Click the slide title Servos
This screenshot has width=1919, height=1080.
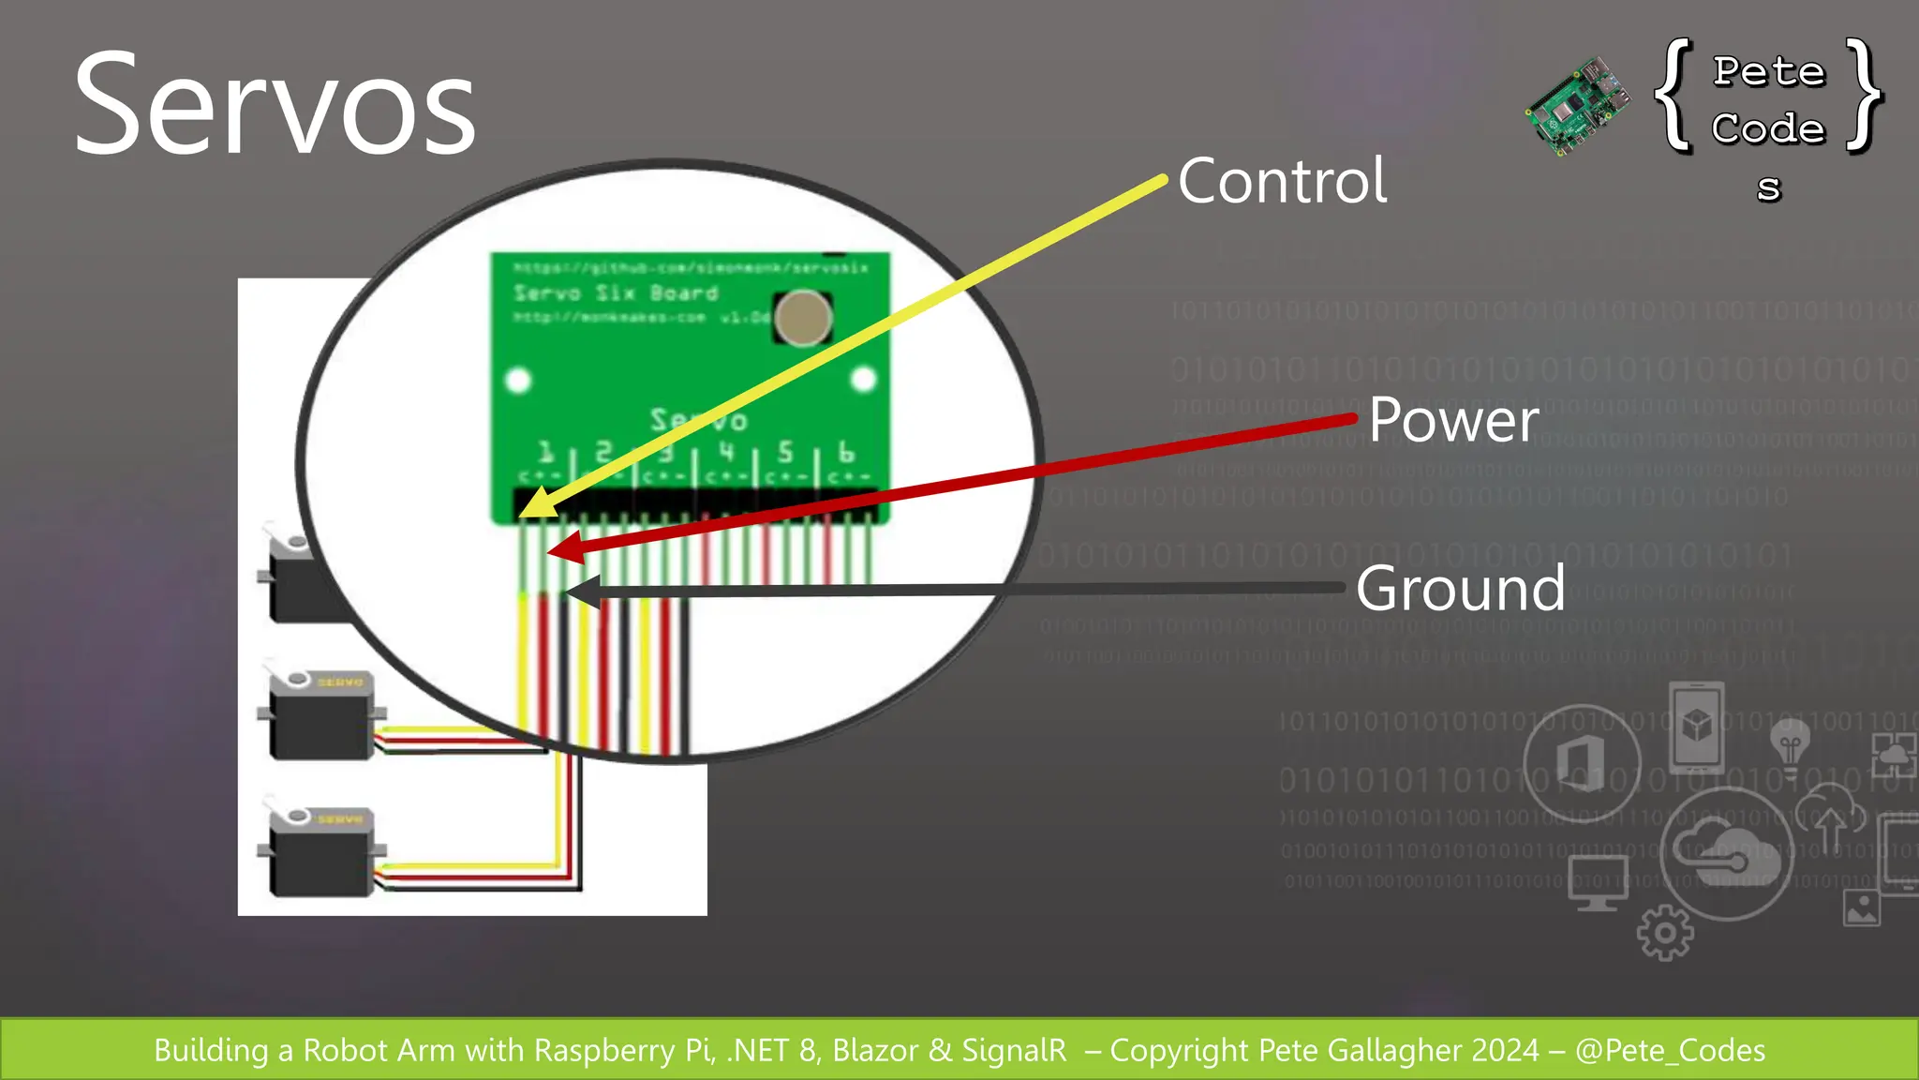pyautogui.click(x=275, y=105)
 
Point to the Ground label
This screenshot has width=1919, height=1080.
pyautogui.click(x=1460, y=589)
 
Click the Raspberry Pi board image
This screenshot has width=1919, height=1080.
pyautogui.click(x=1577, y=105)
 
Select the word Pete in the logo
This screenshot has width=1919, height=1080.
pyautogui.click(x=1769, y=71)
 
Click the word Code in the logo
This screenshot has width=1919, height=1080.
pyautogui.click(x=1769, y=128)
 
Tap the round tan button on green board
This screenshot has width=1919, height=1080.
pyautogui.click(x=803, y=318)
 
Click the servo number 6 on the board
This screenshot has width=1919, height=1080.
pyautogui.click(x=846, y=452)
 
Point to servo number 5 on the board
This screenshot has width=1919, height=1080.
pyautogui.click(x=785, y=452)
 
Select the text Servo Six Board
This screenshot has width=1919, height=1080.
pyautogui.click(x=616, y=292)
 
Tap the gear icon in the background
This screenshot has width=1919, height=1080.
pyautogui.click(x=1665, y=933)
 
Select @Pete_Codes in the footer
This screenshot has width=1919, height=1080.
pyautogui.click(x=1670, y=1050)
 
